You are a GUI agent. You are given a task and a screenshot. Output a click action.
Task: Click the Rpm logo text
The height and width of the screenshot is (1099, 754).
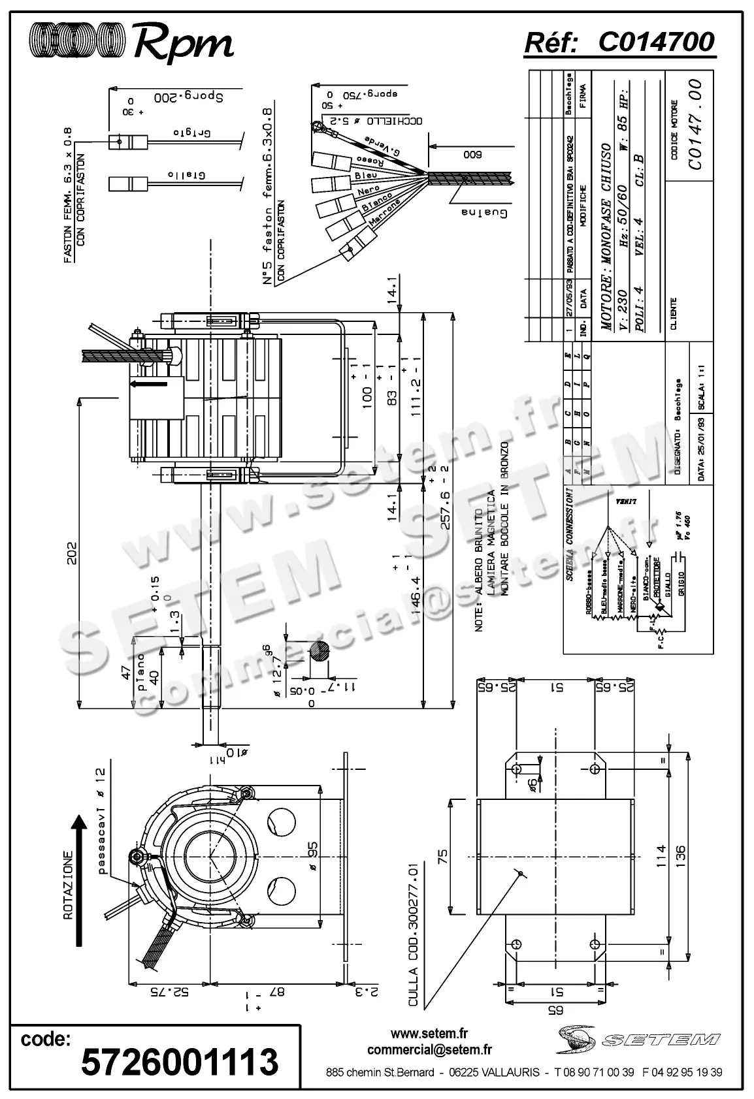[183, 43]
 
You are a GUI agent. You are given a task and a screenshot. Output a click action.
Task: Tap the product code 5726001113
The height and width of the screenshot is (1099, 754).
[180, 1062]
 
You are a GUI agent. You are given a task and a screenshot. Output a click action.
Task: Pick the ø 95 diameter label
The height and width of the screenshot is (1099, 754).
[312, 855]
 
